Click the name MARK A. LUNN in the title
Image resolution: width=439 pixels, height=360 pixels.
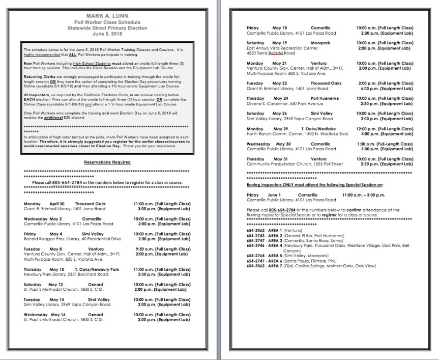(x=107, y=17)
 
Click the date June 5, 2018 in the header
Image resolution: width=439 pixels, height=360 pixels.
(x=107, y=34)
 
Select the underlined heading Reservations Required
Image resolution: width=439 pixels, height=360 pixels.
(x=107, y=162)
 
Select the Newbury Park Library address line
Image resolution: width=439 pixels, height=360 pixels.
(x=66, y=273)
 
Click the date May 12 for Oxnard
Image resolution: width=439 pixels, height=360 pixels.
(x=56, y=284)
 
